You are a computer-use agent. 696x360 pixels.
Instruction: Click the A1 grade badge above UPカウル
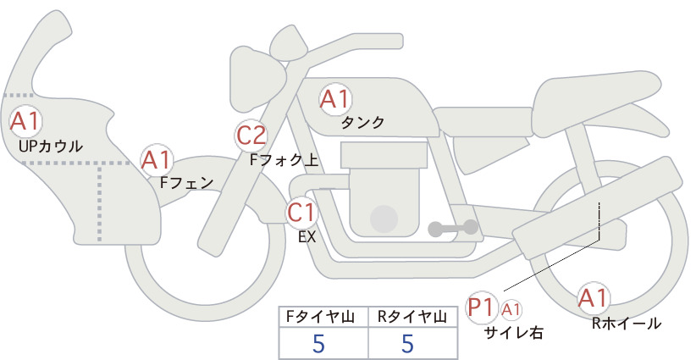tap(25, 121)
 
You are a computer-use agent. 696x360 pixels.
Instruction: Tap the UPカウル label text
tap(51, 147)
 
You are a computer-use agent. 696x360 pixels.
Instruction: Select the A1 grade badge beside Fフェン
tap(156, 161)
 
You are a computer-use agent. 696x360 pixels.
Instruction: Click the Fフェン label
tap(186, 182)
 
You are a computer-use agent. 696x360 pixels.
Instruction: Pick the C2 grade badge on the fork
tap(251, 136)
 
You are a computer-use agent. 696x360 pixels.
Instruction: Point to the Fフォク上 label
tap(284, 160)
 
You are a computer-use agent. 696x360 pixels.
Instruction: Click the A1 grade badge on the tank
tap(335, 99)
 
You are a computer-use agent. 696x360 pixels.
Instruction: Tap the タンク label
tap(362, 123)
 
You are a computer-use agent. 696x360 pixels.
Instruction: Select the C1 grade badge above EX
tap(301, 212)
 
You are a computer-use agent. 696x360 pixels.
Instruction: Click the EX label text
tap(307, 237)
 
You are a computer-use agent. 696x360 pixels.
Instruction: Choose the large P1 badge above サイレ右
tap(481, 307)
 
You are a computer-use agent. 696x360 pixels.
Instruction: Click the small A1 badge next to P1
tap(511, 309)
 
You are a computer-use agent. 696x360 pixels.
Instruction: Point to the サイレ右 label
tap(514, 333)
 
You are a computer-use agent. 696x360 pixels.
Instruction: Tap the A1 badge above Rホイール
tap(593, 298)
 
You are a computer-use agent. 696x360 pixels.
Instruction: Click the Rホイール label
tap(627, 324)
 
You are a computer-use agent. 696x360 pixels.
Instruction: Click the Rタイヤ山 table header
tap(412, 317)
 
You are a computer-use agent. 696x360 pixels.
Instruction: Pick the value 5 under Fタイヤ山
tap(318, 343)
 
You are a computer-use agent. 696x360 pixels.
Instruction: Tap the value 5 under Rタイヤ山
tap(407, 343)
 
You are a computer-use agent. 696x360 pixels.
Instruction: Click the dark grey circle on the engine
tap(384, 219)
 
